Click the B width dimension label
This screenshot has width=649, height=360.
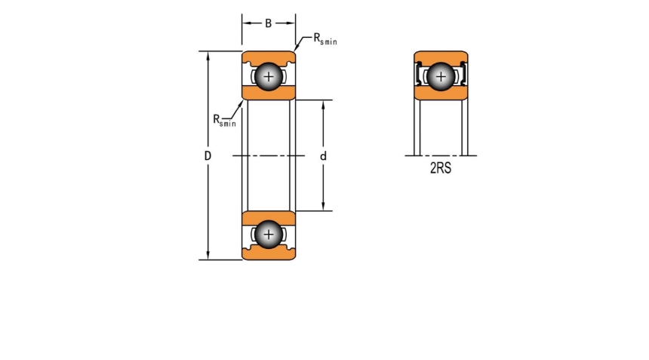(268, 23)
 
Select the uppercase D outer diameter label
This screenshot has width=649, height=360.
(207, 155)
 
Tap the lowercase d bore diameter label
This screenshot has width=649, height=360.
(323, 155)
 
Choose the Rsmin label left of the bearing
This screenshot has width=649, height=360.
(224, 119)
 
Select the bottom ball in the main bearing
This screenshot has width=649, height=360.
(268, 235)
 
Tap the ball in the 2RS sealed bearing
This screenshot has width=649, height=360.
(441, 75)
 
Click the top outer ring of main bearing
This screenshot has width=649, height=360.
(268, 57)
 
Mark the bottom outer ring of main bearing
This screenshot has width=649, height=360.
(268, 254)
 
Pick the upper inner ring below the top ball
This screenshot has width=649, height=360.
(268, 93)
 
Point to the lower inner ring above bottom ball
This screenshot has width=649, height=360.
(268, 217)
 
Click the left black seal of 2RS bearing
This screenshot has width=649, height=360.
(419, 75)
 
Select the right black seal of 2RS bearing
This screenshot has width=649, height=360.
(463, 75)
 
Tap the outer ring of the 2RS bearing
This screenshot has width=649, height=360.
(441, 57)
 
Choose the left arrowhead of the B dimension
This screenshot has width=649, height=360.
(245, 23)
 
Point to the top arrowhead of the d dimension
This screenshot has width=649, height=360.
(323, 103)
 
